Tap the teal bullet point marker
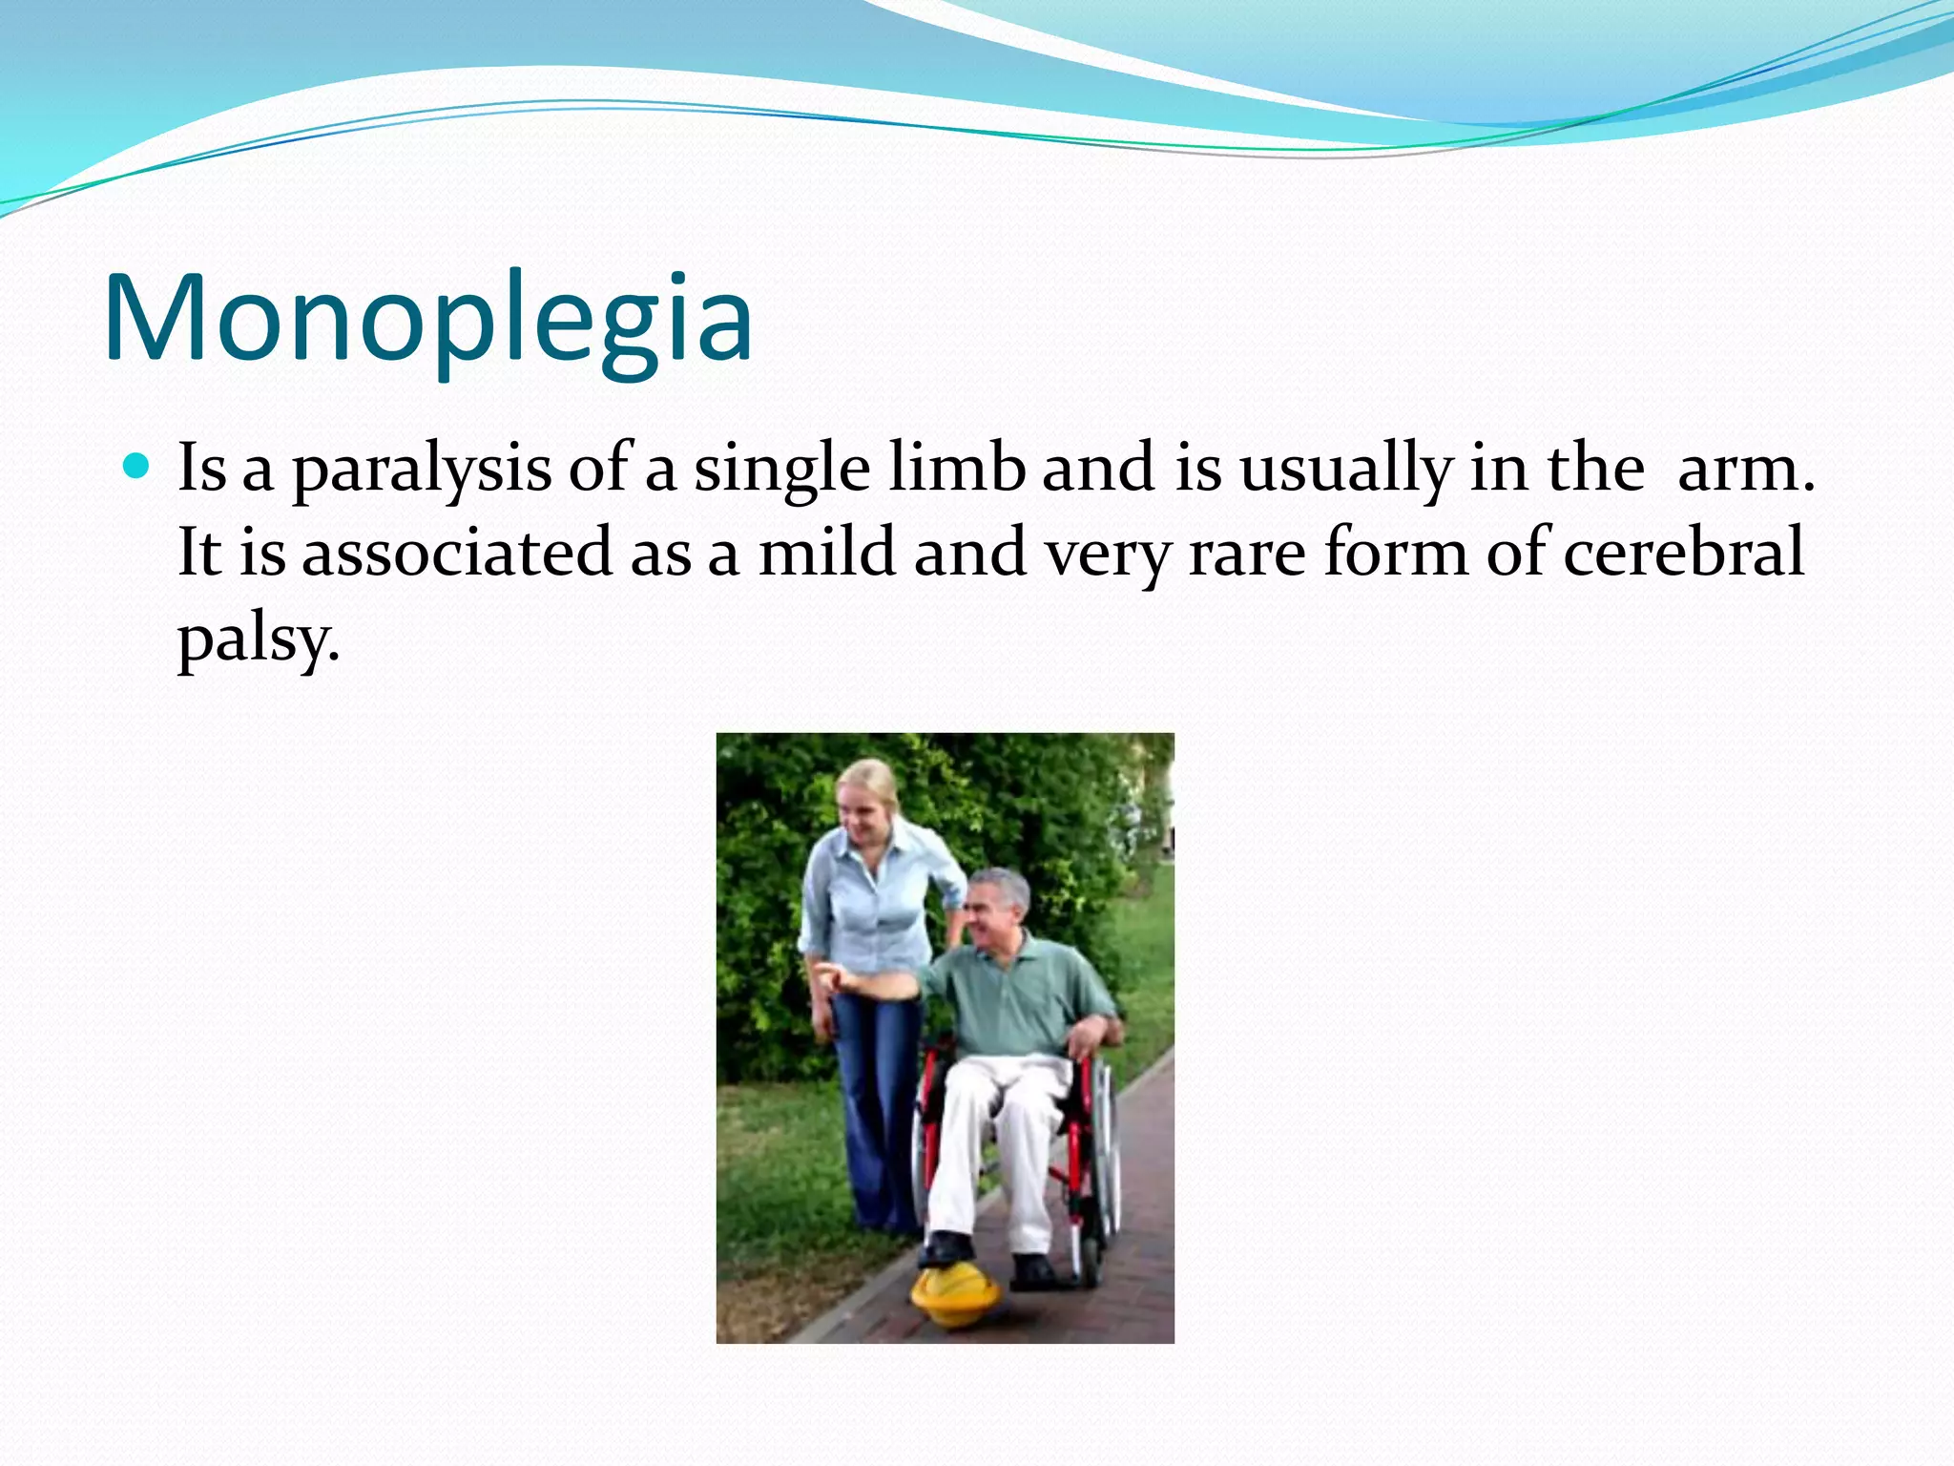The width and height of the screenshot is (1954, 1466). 137,467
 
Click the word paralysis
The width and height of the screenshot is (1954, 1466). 421,470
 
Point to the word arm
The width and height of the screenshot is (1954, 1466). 1744,470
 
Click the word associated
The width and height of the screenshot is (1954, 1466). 457,554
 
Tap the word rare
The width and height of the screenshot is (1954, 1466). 1246,554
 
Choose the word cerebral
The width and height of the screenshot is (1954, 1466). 1683,554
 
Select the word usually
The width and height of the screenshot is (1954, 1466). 1344,470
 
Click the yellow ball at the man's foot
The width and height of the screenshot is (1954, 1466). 955,1293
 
